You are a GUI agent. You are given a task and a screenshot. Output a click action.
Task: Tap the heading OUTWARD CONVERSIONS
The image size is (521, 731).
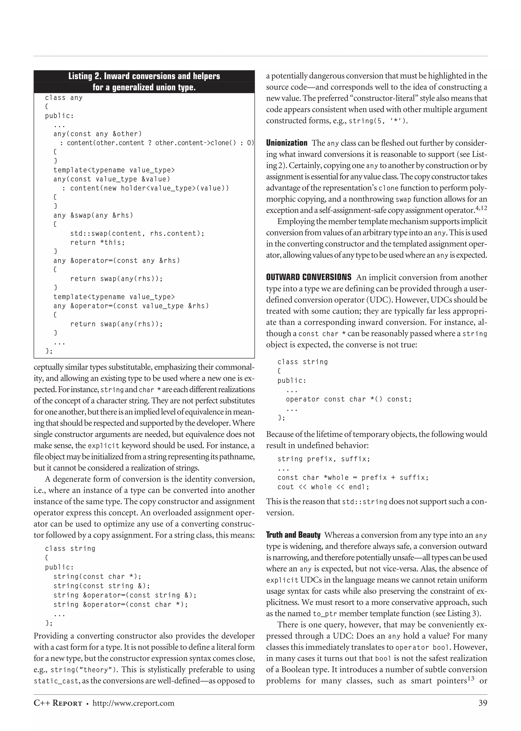point(309,277)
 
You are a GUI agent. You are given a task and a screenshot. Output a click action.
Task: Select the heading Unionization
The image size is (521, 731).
point(286,143)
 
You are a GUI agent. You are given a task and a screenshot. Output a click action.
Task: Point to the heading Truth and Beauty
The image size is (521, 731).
point(293,535)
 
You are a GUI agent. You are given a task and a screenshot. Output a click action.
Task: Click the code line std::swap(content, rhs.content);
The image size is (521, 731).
point(137,233)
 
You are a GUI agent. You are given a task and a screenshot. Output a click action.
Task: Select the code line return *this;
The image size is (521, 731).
point(97,242)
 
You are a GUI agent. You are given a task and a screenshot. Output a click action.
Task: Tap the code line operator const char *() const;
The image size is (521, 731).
point(349,399)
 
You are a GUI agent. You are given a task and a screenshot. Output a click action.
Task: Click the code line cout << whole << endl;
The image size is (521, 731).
point(323,487)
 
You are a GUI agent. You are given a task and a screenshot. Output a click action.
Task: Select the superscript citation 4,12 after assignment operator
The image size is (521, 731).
point(481,208)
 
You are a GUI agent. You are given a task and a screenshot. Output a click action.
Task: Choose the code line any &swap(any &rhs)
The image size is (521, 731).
point(93,215)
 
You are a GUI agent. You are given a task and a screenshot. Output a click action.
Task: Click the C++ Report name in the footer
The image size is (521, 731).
point(58,703)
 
